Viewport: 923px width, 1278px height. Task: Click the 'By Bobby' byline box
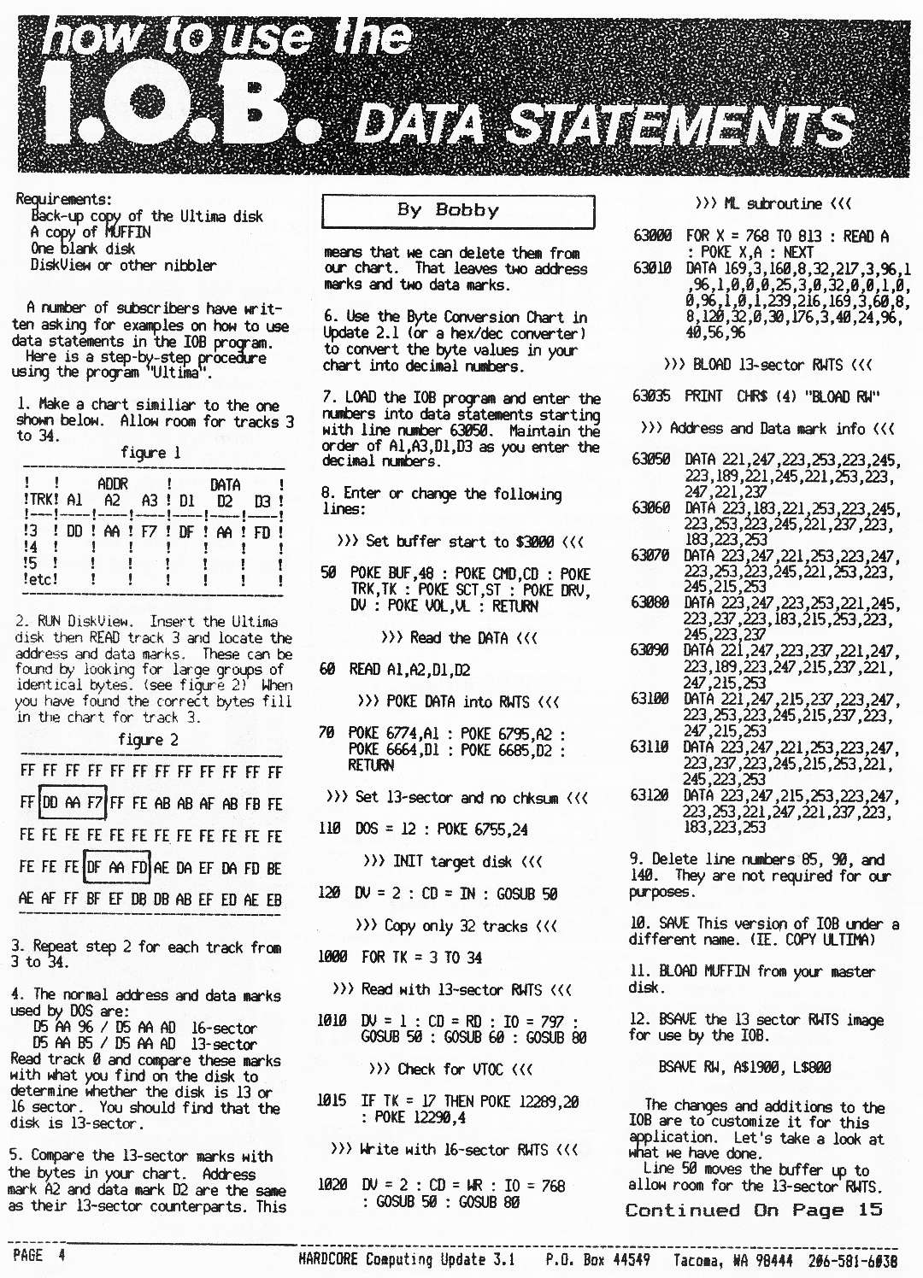[458, 211]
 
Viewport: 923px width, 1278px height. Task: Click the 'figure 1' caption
[150, 453]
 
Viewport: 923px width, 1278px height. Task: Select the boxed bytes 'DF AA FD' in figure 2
[117, 867]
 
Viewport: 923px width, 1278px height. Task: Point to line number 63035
[651, 396]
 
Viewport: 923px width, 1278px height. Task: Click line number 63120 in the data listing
[650, 795]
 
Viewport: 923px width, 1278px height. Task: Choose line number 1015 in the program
[332, 1100]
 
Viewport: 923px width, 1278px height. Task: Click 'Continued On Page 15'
[754, 1210]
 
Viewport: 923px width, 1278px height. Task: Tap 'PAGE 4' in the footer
[38, 1255]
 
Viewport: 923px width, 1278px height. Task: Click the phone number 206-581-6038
[852, 1260]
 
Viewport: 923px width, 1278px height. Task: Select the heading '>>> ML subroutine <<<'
[773, 204]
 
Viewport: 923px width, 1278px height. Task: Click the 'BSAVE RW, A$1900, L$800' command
[744, 1067]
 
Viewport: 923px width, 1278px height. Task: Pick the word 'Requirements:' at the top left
[63, 199]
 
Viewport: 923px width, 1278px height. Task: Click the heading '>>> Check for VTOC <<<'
[450, 1069]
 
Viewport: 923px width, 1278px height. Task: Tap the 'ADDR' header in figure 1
[112, 484]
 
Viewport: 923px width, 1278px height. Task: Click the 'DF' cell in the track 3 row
[186, 531]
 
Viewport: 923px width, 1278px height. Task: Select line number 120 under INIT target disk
[329, 894]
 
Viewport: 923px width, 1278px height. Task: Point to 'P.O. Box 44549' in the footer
[597, 1260]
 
